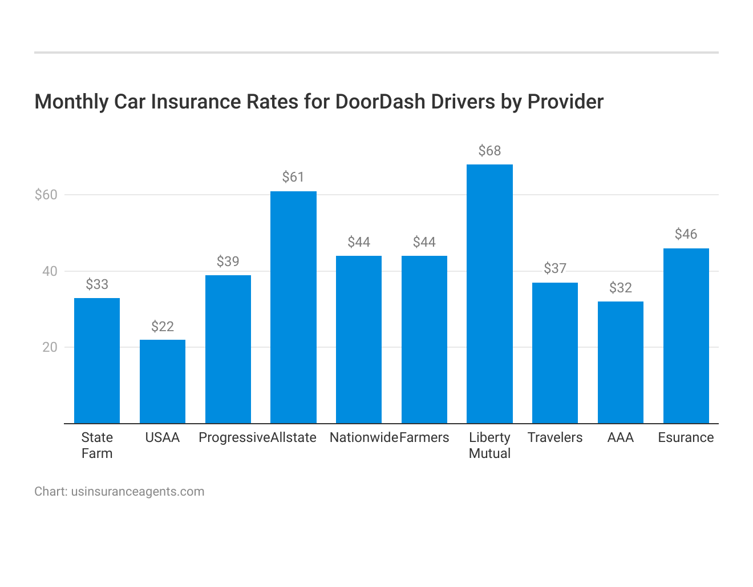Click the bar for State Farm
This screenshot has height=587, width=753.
[x=97, y=361]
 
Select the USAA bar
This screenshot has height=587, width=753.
[x=163, y=381]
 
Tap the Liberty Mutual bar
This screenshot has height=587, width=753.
[x=489, y=294]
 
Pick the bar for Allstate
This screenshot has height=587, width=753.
[x=293, y=307]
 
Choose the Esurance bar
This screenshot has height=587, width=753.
[x=686, y=336]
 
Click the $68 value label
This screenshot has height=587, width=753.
[x=489, y=151]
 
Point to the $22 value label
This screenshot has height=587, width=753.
[x=163, y=327]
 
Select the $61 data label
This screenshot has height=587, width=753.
[x=293, y=177]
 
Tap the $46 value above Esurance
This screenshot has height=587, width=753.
[x=686, y=234]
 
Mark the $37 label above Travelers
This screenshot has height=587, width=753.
[x=555, y=268]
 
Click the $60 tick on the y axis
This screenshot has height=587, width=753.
[x=46, y=195]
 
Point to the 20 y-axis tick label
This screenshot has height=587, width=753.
[x=50, y=347]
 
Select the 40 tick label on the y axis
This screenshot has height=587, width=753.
[x=50, y=271]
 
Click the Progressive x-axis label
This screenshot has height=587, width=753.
[x=234, y=437]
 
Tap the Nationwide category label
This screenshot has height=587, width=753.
[x=363, y=437]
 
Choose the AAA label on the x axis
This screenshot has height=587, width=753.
[x=621, y=437]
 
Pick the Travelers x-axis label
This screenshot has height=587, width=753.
[x=555, y=437]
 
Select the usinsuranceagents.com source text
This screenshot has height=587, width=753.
[x=137, y=492]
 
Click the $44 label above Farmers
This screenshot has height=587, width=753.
[x=424, y=242]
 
